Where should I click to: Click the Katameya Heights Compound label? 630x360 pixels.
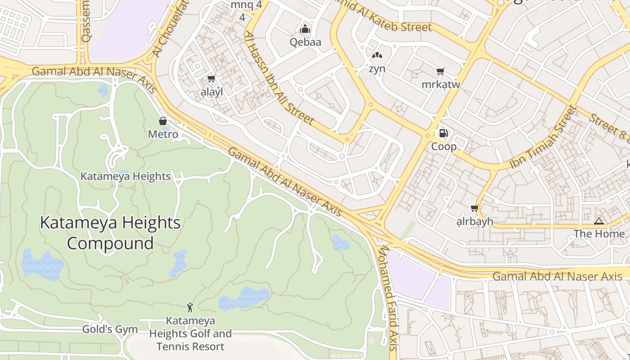(110, 233)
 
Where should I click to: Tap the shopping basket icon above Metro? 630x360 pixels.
(163, 121)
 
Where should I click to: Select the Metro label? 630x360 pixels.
(163, 134)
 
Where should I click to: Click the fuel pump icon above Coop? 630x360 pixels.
(443, 133)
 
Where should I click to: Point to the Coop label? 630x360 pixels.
(444, 146)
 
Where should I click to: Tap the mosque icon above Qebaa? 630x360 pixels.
(306, 29)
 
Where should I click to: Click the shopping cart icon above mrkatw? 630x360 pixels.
(441, 72)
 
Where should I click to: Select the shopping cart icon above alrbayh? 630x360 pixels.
(474, 208)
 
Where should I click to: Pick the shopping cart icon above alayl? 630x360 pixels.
(211, 79)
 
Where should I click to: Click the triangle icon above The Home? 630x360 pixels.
(598, 221)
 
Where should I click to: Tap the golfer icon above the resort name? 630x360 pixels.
(190, 308)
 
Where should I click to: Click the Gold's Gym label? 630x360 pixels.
(110, 329)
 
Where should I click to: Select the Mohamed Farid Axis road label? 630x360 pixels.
(388, 297)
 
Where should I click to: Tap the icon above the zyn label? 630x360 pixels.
(377, 56)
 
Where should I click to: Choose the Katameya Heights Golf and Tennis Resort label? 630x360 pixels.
(190, 333)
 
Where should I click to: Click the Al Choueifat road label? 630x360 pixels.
(170, 29)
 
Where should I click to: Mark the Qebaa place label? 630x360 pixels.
(306, 42)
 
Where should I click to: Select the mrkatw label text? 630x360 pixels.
(441, 85)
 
